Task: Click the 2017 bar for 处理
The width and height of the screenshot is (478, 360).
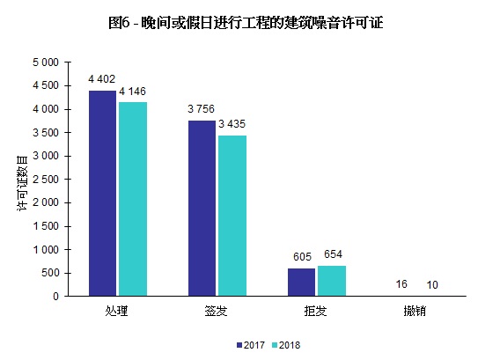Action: (x=103, y=193)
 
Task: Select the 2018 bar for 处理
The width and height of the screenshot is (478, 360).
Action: (x=132, y=199)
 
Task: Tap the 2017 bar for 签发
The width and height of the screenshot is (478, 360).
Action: (x=202, y=208)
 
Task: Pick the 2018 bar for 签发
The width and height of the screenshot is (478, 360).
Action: (x=232, y=216)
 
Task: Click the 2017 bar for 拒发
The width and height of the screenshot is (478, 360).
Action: (x=302, y=282)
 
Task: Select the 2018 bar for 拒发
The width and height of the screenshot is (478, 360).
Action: (x=331, y=281)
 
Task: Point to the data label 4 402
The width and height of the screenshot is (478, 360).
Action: (x=103, y=79)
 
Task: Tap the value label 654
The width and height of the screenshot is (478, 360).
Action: (x=333, y=254)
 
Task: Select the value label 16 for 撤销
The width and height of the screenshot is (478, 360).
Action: (x=401, y=284)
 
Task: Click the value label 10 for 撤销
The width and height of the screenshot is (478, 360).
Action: (x=430, y=284)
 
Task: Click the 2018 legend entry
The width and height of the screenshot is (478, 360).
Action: (x=286, y=345)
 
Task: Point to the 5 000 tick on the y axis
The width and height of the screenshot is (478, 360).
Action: (x=45, y=62)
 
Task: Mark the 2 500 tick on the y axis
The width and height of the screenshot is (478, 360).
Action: (x=45, y=180)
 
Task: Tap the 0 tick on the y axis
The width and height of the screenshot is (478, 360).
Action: (x=55, y=297)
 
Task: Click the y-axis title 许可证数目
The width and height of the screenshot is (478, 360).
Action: (x=21, y=180)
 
